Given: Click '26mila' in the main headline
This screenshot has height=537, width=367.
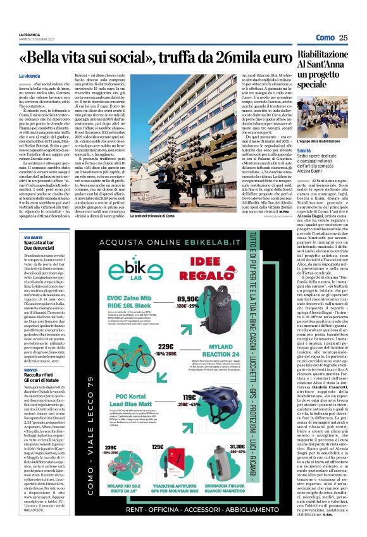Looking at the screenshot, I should (x=227, y=58).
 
